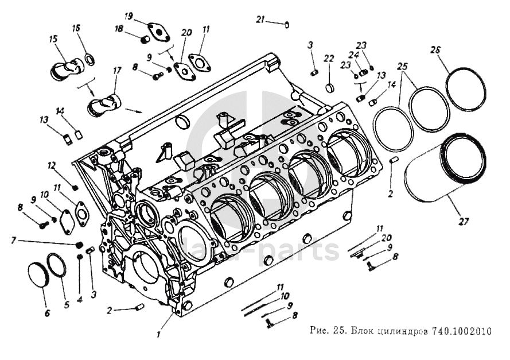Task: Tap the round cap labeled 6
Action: point(39,278)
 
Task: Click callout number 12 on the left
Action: point(51,165)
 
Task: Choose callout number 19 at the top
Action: point(129,14)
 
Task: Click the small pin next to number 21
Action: point(287,24)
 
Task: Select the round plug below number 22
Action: point(329,88)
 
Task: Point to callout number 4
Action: point(80,299)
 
